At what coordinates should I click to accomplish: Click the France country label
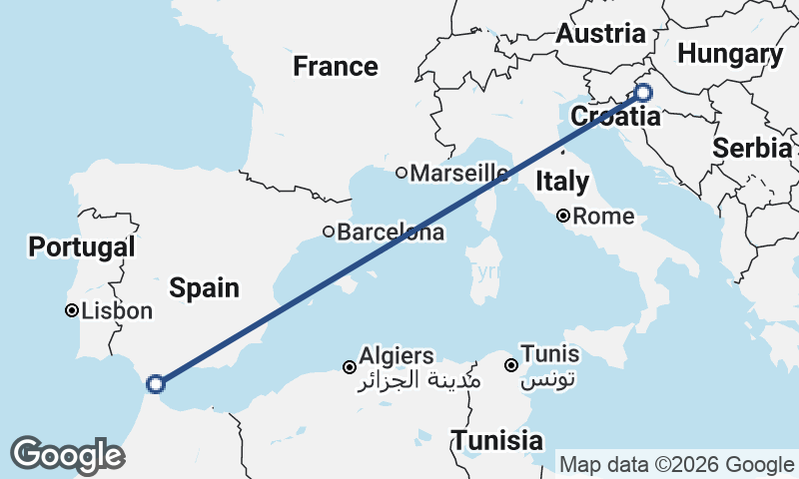336,67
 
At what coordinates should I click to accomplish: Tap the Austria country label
600,33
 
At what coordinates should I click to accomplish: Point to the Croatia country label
615,117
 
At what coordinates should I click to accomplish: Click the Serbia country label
751,148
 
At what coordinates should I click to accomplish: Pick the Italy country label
562,182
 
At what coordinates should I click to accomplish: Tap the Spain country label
204,288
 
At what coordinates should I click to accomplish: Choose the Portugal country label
82,246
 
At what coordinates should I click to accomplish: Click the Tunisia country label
496,440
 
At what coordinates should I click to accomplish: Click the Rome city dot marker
564,216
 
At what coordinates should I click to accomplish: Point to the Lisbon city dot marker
72,310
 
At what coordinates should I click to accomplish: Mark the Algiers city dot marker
350,367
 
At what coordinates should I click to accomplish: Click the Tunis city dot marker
512,365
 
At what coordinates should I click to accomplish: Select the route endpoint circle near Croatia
643,93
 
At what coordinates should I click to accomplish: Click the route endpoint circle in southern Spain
155,383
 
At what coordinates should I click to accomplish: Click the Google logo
67,455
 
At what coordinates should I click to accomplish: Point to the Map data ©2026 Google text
676,464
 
